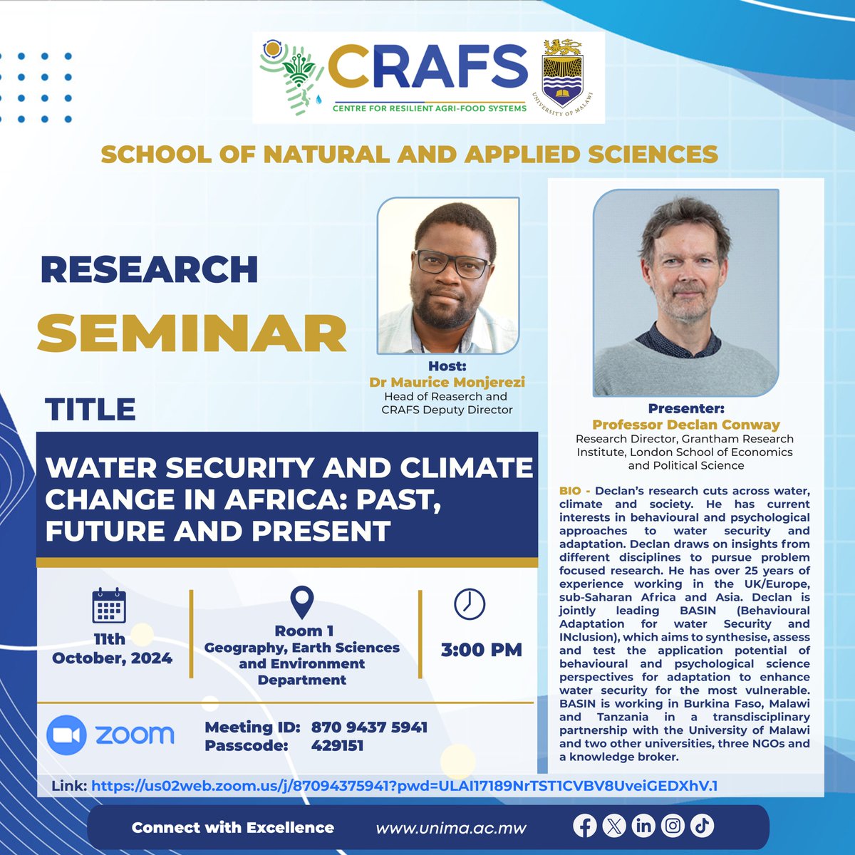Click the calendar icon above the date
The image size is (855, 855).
[109, 606]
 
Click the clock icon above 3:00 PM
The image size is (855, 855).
[470, 604]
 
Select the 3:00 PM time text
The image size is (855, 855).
[481, 650]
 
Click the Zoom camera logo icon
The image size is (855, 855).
[66, 735]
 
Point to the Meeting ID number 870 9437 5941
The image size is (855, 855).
[369, 727]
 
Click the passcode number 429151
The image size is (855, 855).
[337, 746]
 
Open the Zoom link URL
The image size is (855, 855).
[404, 787]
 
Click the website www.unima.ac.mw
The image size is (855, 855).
[451, 828]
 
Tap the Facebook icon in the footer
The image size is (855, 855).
[585, 826]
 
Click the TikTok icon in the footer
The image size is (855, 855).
[702, 826]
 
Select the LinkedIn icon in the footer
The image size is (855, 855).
[643, 826]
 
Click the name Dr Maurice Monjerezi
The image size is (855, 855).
[447, 383]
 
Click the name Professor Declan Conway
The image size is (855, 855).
[685, 424]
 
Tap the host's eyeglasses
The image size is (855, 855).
[451, 263]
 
